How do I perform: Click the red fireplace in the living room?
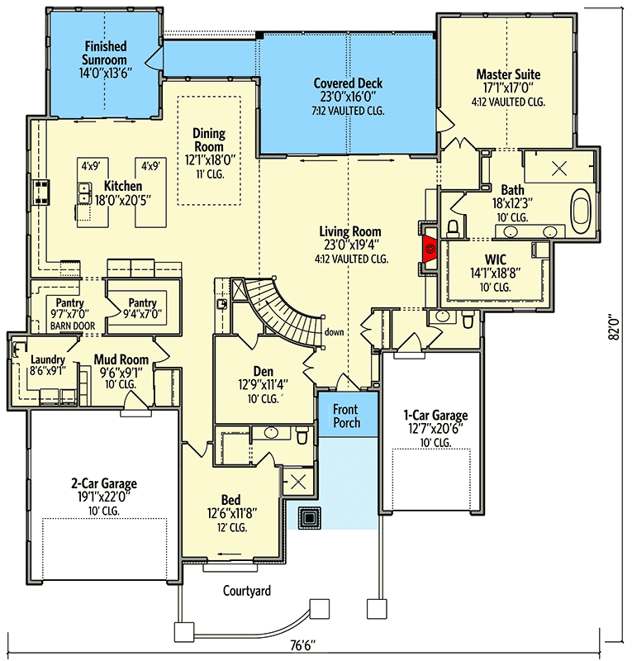(430, 249)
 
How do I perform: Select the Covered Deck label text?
(348, 83)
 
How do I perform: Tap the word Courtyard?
(247, 591)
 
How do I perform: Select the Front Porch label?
(346, 416)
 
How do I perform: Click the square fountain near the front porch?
(311, 518)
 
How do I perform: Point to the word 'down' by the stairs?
(335, 332)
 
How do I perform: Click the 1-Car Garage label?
(435, 415)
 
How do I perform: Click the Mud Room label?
(121, 359)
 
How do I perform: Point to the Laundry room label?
(47, 359)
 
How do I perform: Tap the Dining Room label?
(209, 140)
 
